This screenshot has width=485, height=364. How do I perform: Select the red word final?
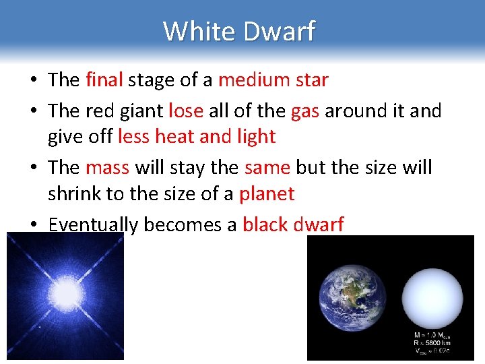click(x=104, y=80)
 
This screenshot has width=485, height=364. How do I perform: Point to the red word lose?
click(x=185, y=110)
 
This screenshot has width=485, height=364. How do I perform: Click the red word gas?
click(x=305, y=110)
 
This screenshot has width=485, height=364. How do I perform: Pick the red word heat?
click(x=174, y=137)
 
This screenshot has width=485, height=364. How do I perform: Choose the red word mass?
click(x=107, y=166)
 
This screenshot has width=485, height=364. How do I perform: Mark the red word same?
click(x=267, y=166)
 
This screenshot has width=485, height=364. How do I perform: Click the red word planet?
click(x=267, y=194)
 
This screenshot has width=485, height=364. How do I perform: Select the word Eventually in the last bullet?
click(x=94, y=224)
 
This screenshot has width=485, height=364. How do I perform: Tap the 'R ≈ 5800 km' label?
click(x=431, y=342)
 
